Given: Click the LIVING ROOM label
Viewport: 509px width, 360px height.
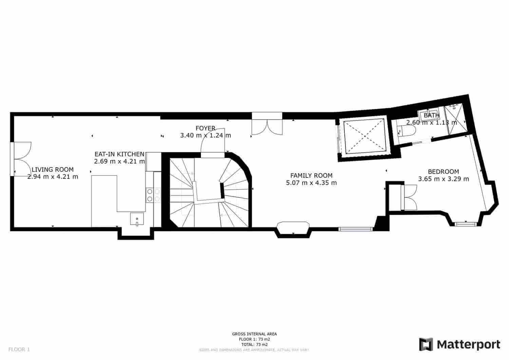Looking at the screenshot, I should pos(52,170).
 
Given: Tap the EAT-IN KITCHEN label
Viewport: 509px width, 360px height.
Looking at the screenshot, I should pos(119,154).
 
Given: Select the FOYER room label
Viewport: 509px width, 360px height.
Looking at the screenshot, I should pos(205,128).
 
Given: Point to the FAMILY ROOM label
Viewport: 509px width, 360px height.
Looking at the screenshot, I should pos(311,175).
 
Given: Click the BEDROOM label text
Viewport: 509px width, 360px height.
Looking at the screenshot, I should pos(443,172).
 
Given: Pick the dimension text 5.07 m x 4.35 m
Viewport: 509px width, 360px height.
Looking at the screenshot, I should pos(311,183).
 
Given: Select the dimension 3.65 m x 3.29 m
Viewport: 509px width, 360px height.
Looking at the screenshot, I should pos(443,179).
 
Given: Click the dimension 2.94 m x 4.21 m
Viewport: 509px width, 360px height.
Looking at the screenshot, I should pos(52,176).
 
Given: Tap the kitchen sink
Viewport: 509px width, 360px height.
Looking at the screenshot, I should pos(137,219).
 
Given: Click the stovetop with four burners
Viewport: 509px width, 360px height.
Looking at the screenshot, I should pos(153,195).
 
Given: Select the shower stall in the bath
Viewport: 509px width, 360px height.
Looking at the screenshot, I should pos(455,117).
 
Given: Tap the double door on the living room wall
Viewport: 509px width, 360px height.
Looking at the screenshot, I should pos(21,159).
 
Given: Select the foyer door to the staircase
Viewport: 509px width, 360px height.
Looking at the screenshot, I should pos(213,143).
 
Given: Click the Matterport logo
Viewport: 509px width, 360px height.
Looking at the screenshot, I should pos(459,344).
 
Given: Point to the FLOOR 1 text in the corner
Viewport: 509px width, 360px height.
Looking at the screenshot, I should pos(19,349).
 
